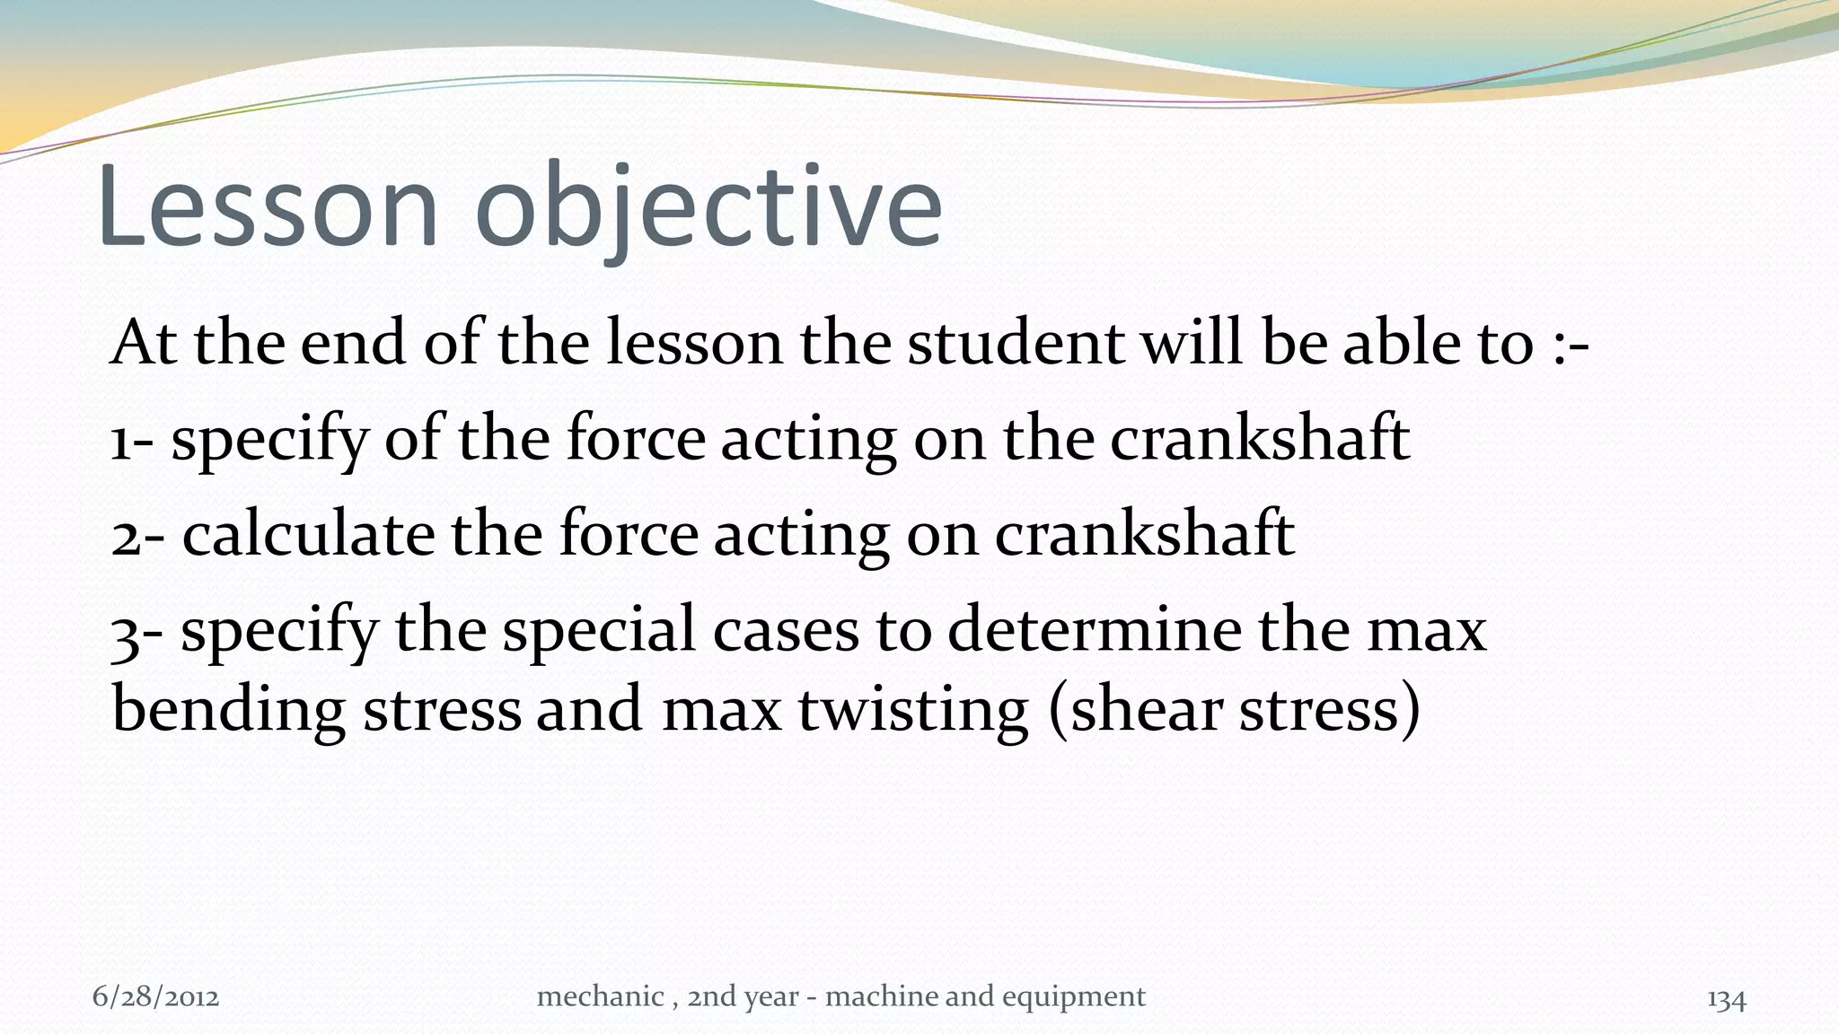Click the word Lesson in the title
click(x=268, y=208)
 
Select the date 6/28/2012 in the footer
click(x=155, y=997)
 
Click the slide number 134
click(x=1726, y=999)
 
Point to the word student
click(x=1015, y=344)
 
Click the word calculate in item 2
click(x=308, y=534)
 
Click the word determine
click(x=1094, y=629)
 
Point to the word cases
click(x=786, y=631)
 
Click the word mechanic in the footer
click(x=600, y=996)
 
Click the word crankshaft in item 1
click(x=1259, y=439)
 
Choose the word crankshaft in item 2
click(x=1144, y=534)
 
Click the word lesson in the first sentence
click(x=694, y=344)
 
